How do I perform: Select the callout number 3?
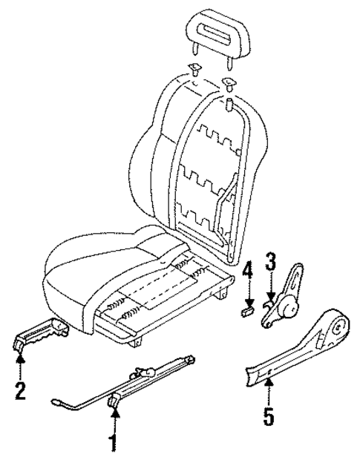[271, 263]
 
